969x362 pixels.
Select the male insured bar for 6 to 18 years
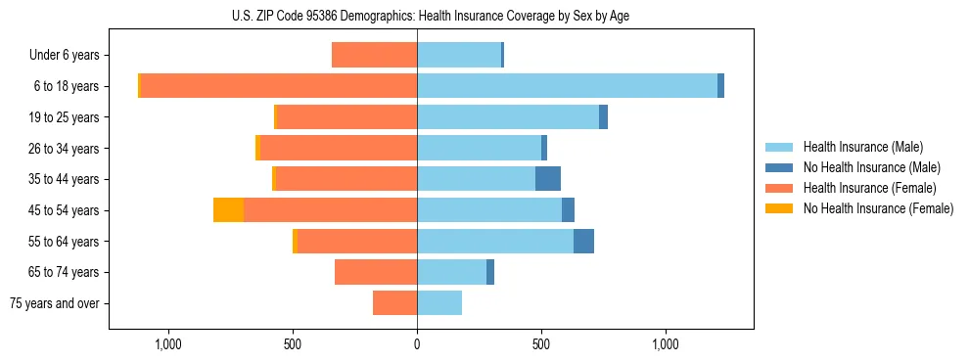pyautogui.click(x=567, y=86)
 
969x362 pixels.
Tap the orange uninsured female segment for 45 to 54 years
pyautogui.click(x=228, y=210)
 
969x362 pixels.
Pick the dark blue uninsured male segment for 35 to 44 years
pyautogui.click(x=548, y=179)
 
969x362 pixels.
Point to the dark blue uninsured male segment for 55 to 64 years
pyautogui.click(x=583, y=241)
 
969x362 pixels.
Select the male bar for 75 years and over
pyautogui.click(x=439, y=303)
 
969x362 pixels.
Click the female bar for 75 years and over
pyautogui.click(x=395, y=303)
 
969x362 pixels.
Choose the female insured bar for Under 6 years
pyautogui.click(x=375, y=55)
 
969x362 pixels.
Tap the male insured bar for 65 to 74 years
pyautogui.click(x=451, y=272)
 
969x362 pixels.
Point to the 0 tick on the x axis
pyautogui.click(x=417, y=344)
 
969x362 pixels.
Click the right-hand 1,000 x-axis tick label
pyautogui.click(x=666, y=344)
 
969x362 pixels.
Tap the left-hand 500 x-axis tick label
pyautogui.click(x=293, y=344)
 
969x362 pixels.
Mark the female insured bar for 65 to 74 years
pyautogui.click(x=376, y=272)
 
